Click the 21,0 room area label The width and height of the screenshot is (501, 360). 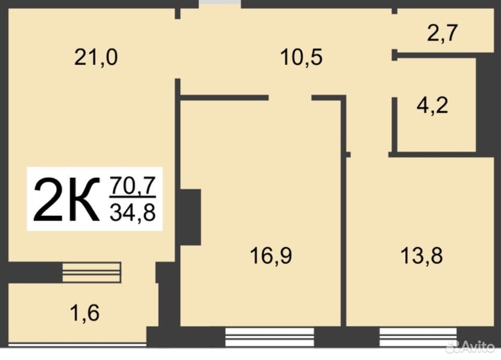pyautogui.click(x=96, y=58)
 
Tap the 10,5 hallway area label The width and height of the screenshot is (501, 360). pyautogui.click(x=301, y=58)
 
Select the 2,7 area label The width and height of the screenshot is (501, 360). pyautogui.click(x=443, y=33)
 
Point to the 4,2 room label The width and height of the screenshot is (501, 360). pyautogui.click(x=432, y=105)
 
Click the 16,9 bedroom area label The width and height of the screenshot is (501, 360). pyautogui.click(x=271, y=255)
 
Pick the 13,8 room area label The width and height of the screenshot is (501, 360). pyautogui.click(x=421, y=255)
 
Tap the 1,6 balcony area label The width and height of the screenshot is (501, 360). pyautogui.click(x=85, y=313)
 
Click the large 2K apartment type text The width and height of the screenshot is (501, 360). pyautogui.click(x=67, y=199)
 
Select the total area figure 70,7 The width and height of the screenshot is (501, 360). pyautogui.click(x=133, y=186)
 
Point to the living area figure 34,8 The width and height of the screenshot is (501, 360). pyautogui.click(x=133, y=212)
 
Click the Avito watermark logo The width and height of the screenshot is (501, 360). pyautogui.click(x=471, y=346)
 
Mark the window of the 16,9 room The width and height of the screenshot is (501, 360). pyautogui.click(x=269, y=337)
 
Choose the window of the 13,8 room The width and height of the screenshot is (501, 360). pyautogui.click(x=418, y=337)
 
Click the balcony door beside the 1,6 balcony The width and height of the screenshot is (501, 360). pyautogui.click(x=92, y=272)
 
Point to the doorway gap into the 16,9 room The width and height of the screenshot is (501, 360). pyautogui.click(x=290, y=98)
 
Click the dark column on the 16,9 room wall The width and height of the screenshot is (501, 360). pyautogui.click(x=190, y=217)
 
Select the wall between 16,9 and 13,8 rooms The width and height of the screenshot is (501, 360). pyautogui.click(x=343, y=211)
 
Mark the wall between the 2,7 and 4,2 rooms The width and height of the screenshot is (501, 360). pyautogui.click(x=434, y=55)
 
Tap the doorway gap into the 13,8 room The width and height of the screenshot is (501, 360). pyautogui.click(x=370, y=155)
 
